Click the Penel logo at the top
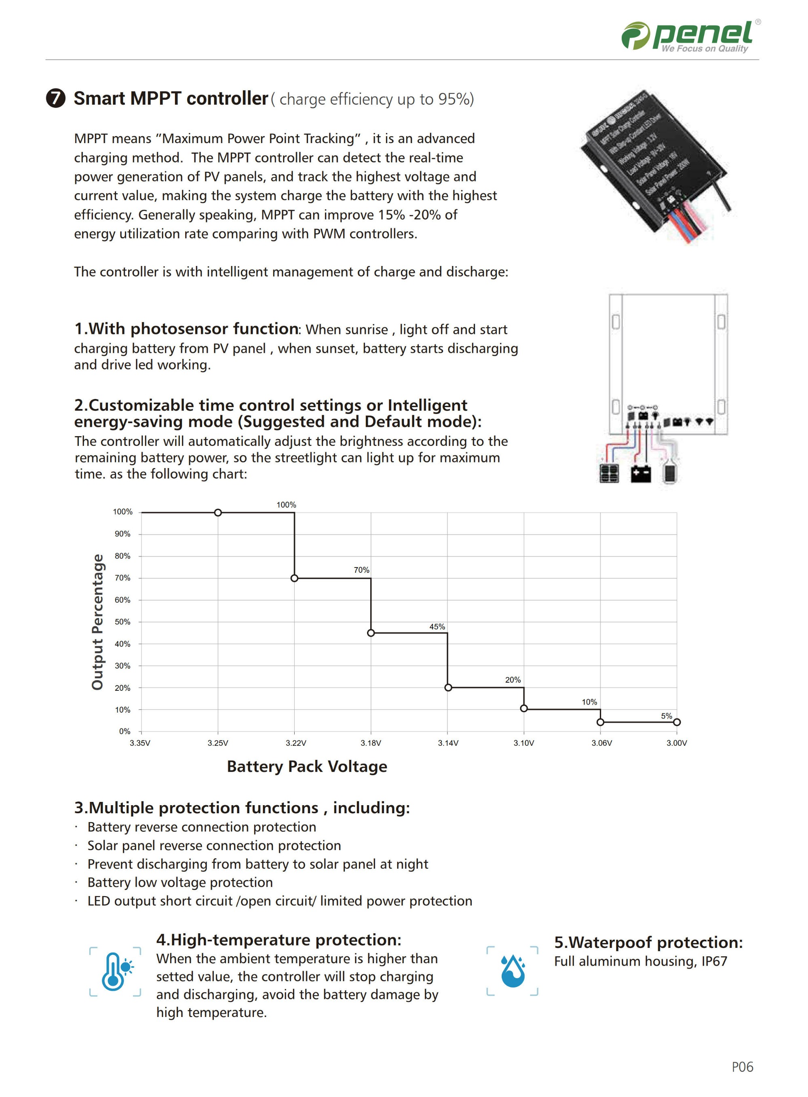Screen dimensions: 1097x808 pyautogui.click(x=690, y=36)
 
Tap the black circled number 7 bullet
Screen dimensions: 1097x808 pyautogui.click(x=55, y=98)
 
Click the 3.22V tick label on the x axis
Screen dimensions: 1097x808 pyautogui.click(x=295, y=743)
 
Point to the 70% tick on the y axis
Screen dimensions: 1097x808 pyautogui.click(x=122, y=578)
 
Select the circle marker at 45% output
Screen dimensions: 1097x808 pyautogui.click(x=371, y=633)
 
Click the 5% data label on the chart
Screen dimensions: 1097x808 pyautogui.click(x=666, y=715)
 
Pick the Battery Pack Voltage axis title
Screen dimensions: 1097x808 pyautogui.click(x=307, y=766)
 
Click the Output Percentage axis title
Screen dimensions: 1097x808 pyautogui.click(x=98, y=622)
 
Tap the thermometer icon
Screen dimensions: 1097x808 pyautogui.click(x=115, y=971)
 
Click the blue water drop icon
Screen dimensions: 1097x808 pyautogui.click(x=513, y=971)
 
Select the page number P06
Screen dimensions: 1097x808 pyautogui.click(x=742, y=1067)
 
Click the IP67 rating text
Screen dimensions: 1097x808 pyautogui.click(x=714, y=961)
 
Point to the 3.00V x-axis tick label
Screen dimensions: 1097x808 pyautogui.click(x=676, y=743)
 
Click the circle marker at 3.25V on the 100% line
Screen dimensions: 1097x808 pyautogui.click(x=218, y=513)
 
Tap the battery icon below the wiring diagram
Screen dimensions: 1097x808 pyautogui.click(x=640, y=473)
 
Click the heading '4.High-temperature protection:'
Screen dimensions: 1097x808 pyautogui.click(x=278, y=939)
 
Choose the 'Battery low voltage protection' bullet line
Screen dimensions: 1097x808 pyautogui.click(x=180, y=882)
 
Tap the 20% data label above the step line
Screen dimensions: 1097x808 pyautogui.click(x=513, y=679)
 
